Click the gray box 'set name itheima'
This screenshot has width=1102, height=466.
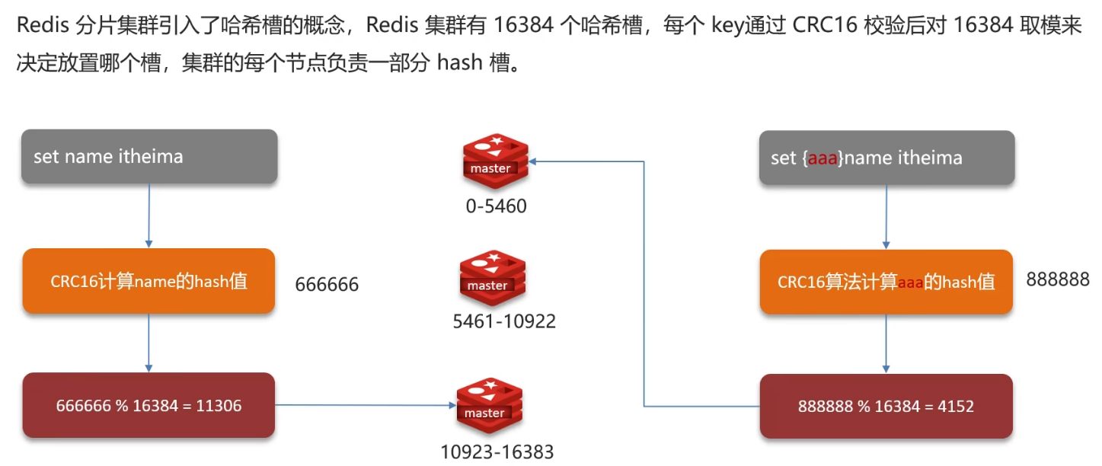[149, 157]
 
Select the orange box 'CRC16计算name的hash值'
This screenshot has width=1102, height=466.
[149, 281]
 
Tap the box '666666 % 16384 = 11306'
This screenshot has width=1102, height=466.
[149, 405]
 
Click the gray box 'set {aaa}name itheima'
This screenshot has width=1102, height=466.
[886, 158]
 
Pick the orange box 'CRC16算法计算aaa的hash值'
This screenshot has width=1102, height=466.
[886, 282]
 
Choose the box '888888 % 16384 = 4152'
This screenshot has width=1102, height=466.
[886, 406]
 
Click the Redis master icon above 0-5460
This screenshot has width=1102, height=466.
[495, 161]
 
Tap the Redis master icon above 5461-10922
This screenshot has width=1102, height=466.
[493, 277]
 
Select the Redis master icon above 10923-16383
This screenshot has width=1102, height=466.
[490, 405]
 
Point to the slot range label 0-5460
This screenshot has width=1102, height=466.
[496, 206]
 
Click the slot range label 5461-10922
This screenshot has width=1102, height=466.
[504, 321]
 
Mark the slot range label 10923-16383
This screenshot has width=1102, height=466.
[497, 452]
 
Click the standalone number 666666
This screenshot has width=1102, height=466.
[327, 285]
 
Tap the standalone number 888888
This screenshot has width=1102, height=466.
[1057, 279]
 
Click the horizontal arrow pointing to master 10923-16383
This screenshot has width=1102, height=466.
[362, 405]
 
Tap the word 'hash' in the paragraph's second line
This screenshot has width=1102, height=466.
[461, 62]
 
